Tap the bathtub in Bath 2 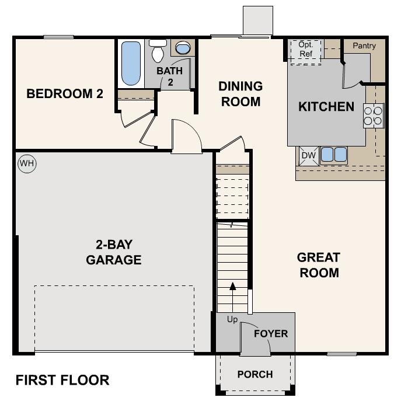(131, 64)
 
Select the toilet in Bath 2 (158, 52)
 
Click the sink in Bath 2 (183, 49)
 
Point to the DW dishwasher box (308, 155)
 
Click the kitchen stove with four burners (374, 116)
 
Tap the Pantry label (364, 46)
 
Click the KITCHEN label (326, 107)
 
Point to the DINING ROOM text (240, 94)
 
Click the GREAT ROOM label (319, 264)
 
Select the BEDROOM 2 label (61, 93)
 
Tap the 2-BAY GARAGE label (114, 252)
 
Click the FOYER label (271, 334)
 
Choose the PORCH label (255, 374)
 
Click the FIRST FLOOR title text (62, 380)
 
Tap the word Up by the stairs (232, 319)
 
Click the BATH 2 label (169, 76)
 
